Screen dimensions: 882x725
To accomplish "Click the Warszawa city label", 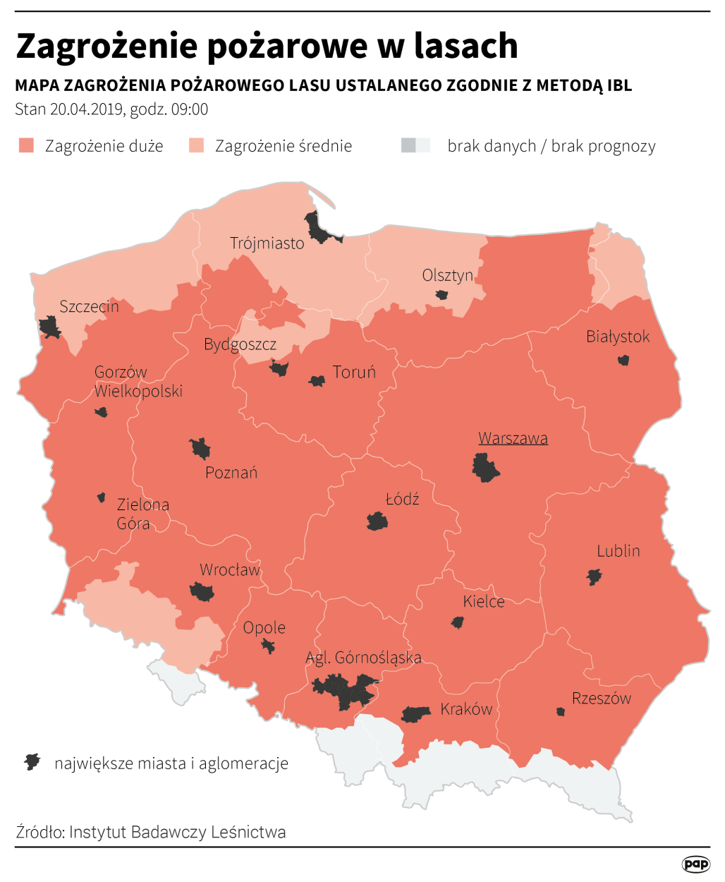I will click(513, 438).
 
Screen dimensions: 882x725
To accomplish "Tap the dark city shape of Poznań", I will click(200, 449).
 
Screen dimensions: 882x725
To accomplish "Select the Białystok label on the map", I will click(618, 337).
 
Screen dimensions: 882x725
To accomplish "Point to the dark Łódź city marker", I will click(377, 522).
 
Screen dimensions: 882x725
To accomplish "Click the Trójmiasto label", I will click(267, 243).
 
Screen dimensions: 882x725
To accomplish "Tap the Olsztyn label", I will click(447, 275).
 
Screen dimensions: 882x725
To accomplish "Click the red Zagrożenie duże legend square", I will click(26, 146).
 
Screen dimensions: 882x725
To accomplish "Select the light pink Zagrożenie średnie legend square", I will click(196, 146).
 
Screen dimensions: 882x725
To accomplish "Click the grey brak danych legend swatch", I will click(415, 146).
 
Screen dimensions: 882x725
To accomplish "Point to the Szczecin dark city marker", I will click(50, 327).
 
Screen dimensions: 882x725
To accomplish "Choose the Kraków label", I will click(466, 709).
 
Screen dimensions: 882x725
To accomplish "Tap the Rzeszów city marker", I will click(561, 712).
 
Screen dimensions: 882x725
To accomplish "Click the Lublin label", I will click(619, 551).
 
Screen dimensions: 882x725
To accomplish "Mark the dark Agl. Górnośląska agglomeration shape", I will click(345, 691).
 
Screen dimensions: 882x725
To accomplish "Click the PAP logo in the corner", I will click(695, 864).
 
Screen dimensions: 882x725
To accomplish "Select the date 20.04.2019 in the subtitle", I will click(87, 109).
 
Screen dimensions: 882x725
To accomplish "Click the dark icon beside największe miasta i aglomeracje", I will click(32, 762).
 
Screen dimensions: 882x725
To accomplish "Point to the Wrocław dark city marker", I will click(202, 592).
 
